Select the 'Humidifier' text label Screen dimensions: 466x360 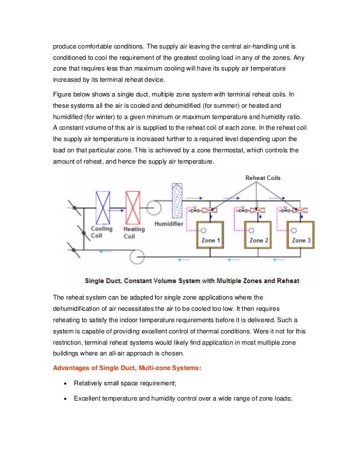pos(150,230)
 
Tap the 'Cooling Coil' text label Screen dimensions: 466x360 pos(102,232)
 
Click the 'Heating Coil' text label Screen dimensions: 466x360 pos(134,232)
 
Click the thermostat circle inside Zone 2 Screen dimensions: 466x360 pos(248,230)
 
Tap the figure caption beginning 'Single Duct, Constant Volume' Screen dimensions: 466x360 pos(192,280)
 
